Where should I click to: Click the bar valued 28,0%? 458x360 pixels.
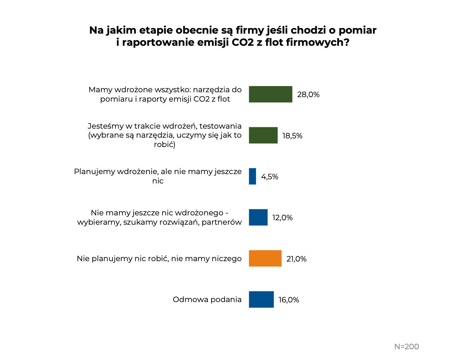[x=270, y=94]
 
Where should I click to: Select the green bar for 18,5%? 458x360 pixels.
[x=263, y=135]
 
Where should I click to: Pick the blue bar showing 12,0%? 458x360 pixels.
[x=258, y=217]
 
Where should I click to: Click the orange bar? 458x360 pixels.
[x=265, y=258]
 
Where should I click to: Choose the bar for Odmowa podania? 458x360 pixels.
[x=261, y=299]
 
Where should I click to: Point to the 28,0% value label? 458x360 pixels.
[x=308, y=95]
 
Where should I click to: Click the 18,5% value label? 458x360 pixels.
[x=292, y=136]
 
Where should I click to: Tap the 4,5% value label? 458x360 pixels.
[x=270, y=177]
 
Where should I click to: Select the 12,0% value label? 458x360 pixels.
[x=282, y=218]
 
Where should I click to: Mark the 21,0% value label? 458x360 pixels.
[x=296, y=259]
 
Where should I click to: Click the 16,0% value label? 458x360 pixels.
[x=289, y=300]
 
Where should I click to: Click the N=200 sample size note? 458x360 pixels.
[x=406, y=346]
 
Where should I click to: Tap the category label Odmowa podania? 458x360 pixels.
[x=207, y=299]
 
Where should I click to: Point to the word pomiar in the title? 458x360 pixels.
[x=357, y=30]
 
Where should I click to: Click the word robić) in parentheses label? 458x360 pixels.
[x=165, y=144]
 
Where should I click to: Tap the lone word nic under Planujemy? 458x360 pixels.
[x=158, y=181]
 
